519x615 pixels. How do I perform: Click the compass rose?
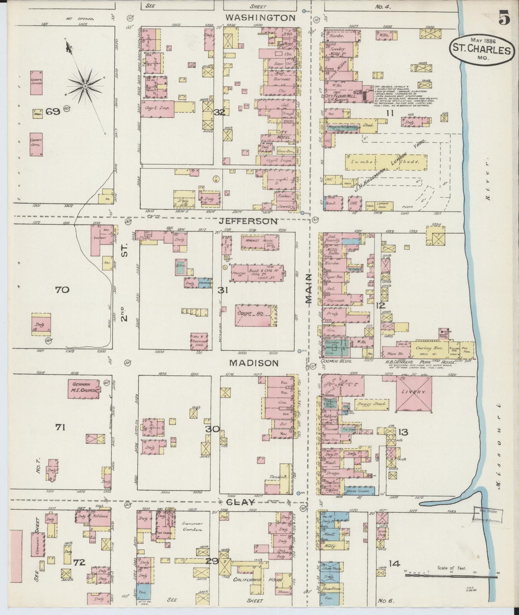[85, 86]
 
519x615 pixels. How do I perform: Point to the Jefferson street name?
[249, 221]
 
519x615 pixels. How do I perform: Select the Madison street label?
[254, 363]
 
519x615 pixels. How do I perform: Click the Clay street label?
[240, 502]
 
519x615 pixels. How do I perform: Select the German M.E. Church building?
[84, 389]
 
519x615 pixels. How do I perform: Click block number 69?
[52, 111]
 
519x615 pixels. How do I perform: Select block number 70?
[62, 289]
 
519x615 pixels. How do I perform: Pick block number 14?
[394, 563]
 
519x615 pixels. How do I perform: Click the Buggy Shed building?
[371, 404]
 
